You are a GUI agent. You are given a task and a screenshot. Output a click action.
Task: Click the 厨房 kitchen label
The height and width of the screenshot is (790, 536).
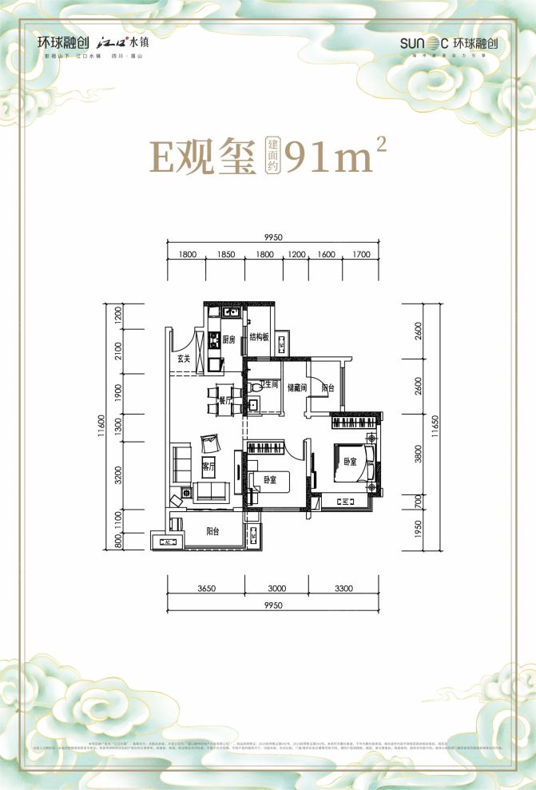228,339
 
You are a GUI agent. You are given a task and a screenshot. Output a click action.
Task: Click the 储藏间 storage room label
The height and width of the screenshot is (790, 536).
298,385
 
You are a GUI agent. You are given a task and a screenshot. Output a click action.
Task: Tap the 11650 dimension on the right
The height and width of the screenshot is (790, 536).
435,430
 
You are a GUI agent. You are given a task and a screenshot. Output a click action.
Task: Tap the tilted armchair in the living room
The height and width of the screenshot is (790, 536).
208,441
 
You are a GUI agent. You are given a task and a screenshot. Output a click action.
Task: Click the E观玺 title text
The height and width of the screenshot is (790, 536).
201,157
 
